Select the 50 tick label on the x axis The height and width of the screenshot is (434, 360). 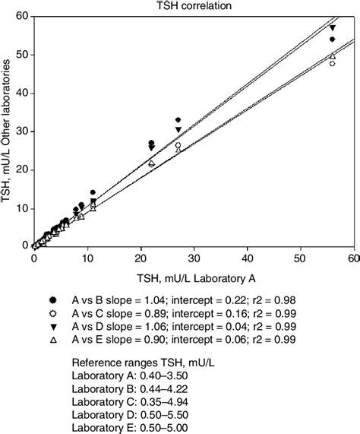[300, 258]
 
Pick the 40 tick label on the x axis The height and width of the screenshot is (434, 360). [247, 258]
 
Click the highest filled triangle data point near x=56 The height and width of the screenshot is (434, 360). [332, 28]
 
